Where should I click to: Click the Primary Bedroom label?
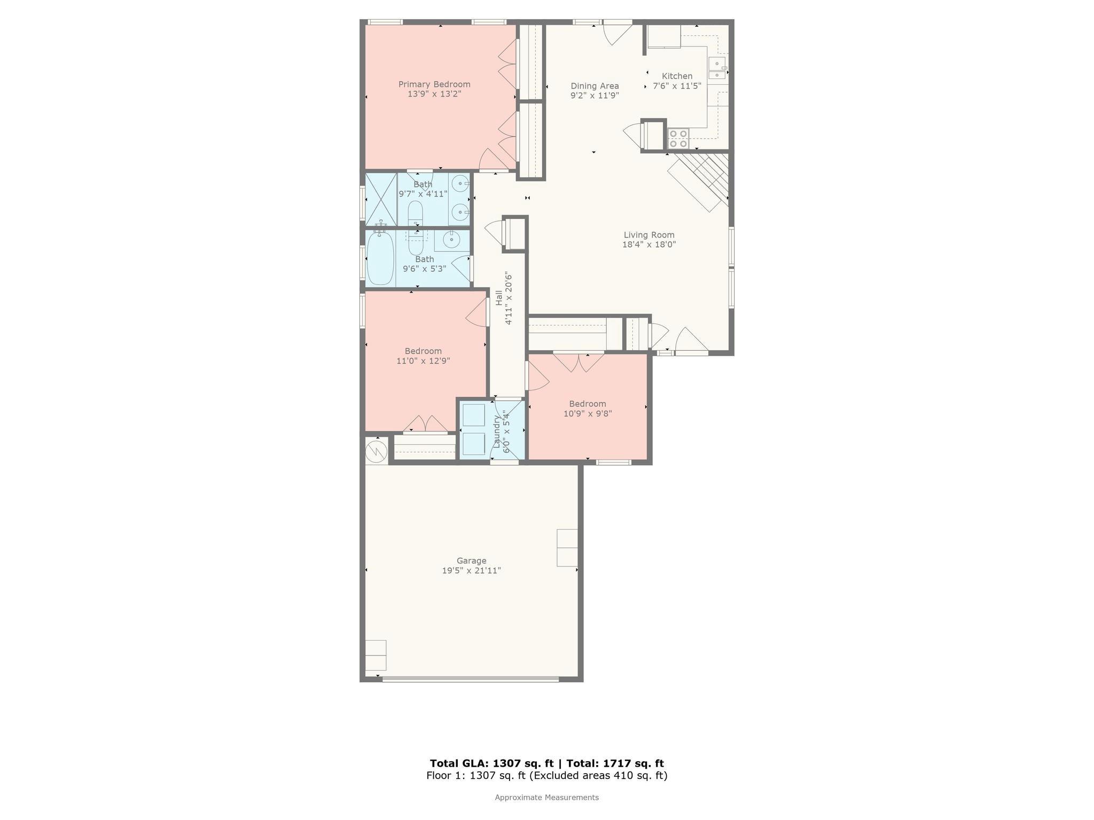434,84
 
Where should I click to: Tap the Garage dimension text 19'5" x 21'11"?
471,571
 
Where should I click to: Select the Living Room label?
649,235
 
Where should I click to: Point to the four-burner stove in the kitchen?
678,139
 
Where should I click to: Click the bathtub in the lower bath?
380,258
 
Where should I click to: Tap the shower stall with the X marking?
381,199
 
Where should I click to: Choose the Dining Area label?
595,86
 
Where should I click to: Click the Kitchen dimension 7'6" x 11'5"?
677,85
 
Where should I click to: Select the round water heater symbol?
376,452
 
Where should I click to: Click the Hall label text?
499,298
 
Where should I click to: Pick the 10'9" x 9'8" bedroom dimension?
588,413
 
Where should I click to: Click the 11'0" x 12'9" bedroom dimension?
423,361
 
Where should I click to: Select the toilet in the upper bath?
415,213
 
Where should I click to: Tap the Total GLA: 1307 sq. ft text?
491,763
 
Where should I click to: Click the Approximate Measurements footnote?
546,798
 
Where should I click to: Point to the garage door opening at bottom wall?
470,679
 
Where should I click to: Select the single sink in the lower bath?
452,240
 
